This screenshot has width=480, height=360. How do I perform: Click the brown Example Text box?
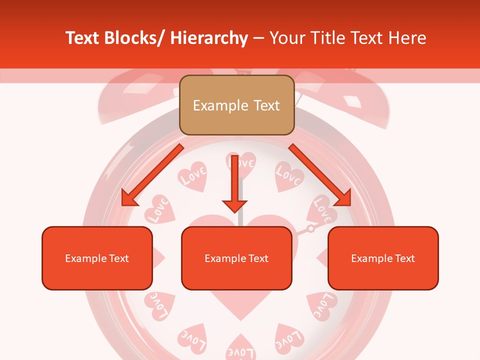[236, 105]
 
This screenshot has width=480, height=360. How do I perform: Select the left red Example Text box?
[97, 258]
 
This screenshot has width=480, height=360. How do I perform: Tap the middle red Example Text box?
[236, 258]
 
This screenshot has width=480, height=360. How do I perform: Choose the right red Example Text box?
[383, 258]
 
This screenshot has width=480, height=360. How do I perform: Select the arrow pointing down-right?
[320, 175]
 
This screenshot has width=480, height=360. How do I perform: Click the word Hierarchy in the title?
[209, 38]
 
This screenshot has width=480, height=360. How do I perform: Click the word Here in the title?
[408, 38]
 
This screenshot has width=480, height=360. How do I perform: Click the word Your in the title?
[286, 38]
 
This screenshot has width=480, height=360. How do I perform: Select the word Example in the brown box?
[220, 105]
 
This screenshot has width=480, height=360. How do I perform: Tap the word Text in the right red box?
[404, 258]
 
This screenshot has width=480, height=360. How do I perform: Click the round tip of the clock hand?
[310, 228]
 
